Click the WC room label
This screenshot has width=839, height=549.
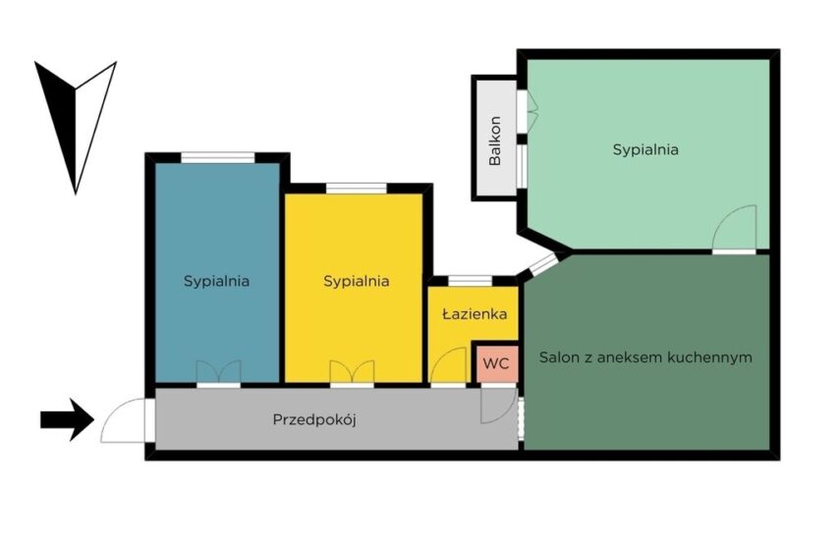(496, 363)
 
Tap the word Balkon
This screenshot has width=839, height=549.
(495, 140)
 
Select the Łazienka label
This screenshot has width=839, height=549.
(475, 313)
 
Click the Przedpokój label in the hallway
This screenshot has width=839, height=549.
(314, 419)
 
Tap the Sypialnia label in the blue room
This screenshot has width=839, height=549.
(217, 281)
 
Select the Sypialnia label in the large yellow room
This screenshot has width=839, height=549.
(357, 281)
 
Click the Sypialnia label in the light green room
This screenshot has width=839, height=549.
(645, 149)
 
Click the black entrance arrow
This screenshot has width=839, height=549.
(67, 419)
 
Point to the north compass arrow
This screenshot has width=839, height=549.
(76, 128)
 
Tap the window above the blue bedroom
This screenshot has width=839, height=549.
(218, 157)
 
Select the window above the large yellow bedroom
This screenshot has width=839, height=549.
(357, 188)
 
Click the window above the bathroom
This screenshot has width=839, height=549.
(470, 281)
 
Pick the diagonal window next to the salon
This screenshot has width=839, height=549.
(543, 264)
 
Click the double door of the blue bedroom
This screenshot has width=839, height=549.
(218, 372)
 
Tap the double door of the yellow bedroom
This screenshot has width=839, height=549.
(352, 372)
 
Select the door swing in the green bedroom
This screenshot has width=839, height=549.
(734, 229)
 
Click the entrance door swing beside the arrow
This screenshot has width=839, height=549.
(124, 420)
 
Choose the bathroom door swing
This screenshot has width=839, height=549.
(448, 366)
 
